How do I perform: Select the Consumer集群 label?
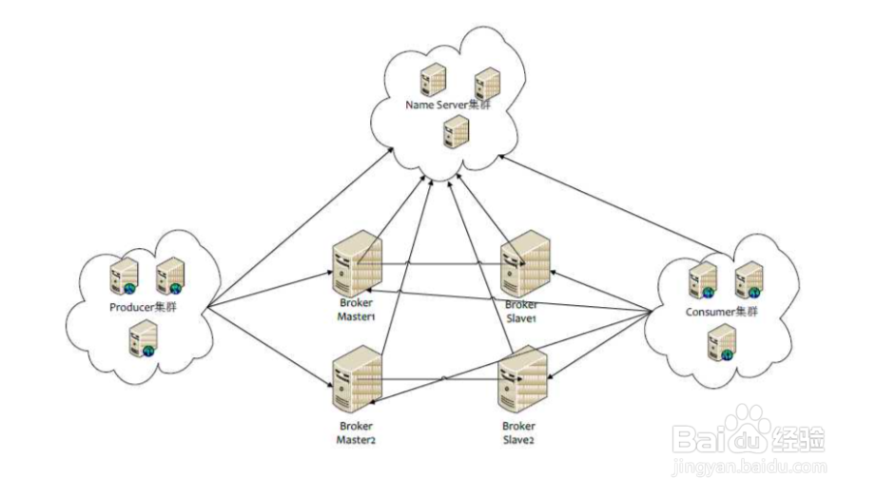click(x=723, y=312)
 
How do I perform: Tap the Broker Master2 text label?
click(x=356, y=432)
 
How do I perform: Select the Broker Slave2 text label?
click(x=520, y=432)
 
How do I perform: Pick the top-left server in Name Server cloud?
click(x=434, y=78)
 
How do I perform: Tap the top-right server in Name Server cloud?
click(x=487, y=83)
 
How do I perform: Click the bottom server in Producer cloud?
click(x=144, y=338)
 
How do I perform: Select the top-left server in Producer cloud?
click(x=124, y=274)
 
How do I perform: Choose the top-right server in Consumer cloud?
click(x=749, y=278)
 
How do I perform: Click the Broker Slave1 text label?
click(x=521, y=311)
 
